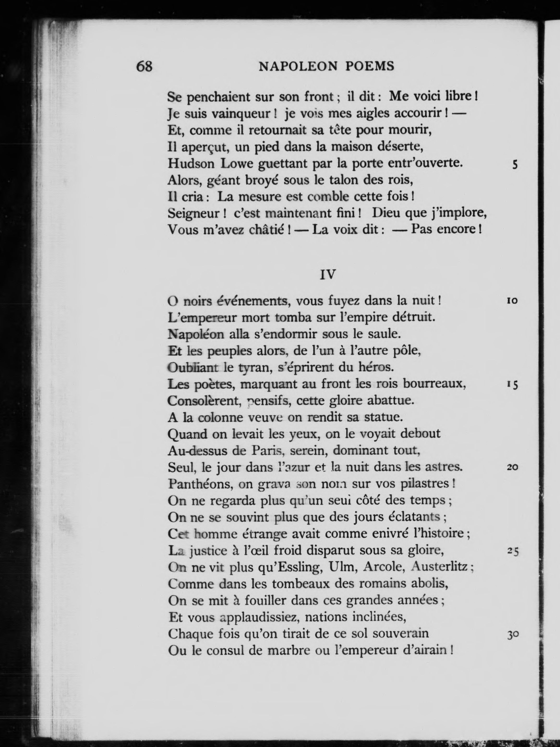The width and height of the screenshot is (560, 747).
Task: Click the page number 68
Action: tap(144, 66)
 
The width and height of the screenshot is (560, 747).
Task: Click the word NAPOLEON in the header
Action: tap(298, 67)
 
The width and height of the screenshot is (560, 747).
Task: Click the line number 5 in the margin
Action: tap(515, 165)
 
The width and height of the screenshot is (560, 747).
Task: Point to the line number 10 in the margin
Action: tap(512, 300)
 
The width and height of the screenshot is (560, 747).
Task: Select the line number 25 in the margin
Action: tap(513, 551)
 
